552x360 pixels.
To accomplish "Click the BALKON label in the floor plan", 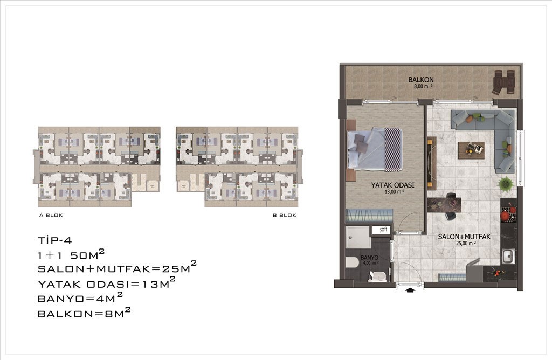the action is pyautogui.click(x=420, y=80).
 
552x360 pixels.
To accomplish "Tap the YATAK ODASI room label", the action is pyautogui.click(x=392, y=185).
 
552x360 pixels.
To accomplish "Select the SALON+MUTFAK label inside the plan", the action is pyautogui.click(x=464, y=237).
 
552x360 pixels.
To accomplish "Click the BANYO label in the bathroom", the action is pyautogui.click(x=369, y=258).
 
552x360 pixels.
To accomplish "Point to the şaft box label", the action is pyautogui.click(x=383, y=230).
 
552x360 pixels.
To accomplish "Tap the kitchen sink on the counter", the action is pyautogui.click(x=508, y=256).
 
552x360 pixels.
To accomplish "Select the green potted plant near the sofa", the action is pyautogui.click(x=505, y=183).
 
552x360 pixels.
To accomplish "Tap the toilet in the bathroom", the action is pyautogui.click(x=353, y=262).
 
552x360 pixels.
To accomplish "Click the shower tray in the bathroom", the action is pyautogui.click(x=358, y=238).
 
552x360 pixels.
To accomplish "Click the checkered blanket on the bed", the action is pyautogui.click(x=392, y=150).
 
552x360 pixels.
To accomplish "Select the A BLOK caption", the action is pyautogui.click(x=51, y=216).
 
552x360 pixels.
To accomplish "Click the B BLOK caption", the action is pyautogui.click(x=285, y=216).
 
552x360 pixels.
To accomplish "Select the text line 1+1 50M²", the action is pyautogui.click(x=71, y=254).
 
